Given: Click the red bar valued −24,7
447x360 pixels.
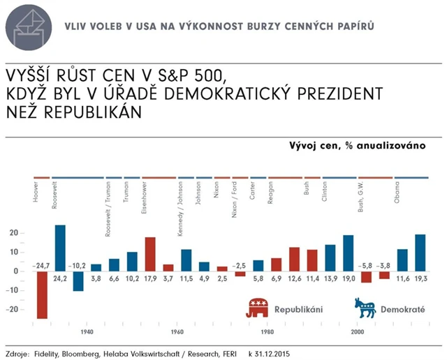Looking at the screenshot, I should coord(42,294).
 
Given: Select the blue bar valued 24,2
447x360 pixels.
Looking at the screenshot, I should coord(60,248).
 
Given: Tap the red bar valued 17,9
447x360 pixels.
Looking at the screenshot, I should coord(150,254).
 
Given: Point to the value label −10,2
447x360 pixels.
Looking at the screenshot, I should coord(78,265).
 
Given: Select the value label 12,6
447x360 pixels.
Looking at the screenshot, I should coord(294,279).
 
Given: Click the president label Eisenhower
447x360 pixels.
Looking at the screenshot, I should coord(144,201).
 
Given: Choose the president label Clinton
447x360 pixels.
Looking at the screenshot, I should coord(325,193).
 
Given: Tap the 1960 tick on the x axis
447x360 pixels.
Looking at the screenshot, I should coord(177,332).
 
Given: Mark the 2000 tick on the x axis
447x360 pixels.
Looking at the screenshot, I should coord(358,332).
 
